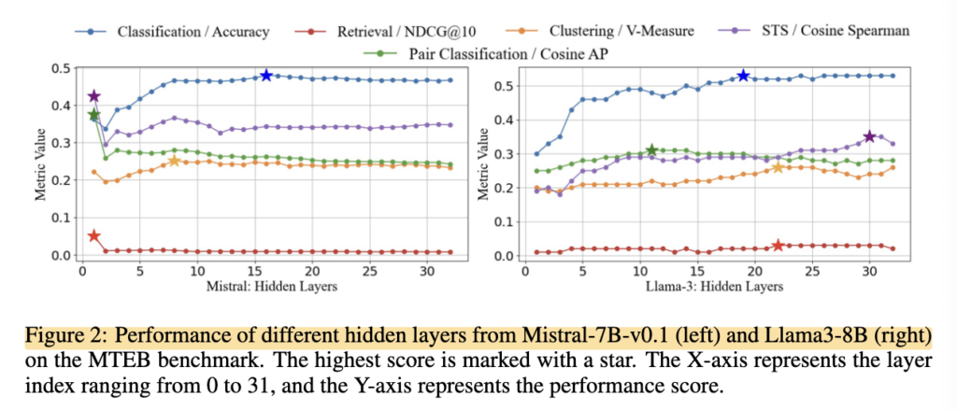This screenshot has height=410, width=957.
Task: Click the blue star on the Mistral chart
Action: [266, 75]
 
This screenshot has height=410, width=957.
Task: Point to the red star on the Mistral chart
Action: [93, 235]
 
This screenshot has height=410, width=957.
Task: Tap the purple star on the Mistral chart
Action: [93, 96]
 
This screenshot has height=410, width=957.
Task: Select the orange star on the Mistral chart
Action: [175, 161]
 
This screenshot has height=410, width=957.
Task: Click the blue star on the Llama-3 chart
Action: [743, 75]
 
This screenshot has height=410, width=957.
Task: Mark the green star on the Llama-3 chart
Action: [651, 150]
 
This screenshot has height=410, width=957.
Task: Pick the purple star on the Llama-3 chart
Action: [870, 136]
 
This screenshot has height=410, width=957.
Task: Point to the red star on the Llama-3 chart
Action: [778, 245]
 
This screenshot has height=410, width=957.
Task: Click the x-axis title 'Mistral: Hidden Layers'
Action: [272, 286]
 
